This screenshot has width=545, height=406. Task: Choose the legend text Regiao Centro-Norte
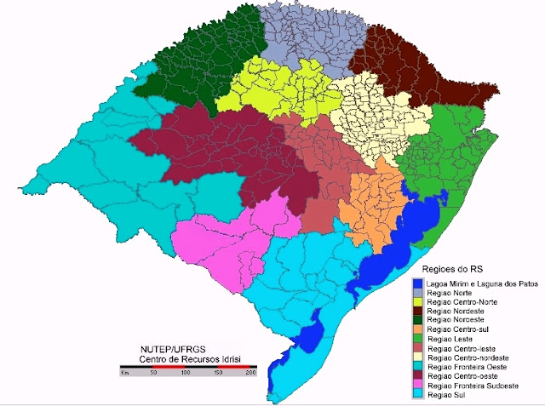pyautogui.click(x=463, y=303)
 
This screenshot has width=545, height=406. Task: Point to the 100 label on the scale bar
pyautogui.click(x=185, y=374)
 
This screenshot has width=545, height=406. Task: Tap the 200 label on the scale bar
pyautogui.click(x=250, y=374)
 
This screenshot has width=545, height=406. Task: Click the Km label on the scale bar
pyautogui.click(x=125, y=374)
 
